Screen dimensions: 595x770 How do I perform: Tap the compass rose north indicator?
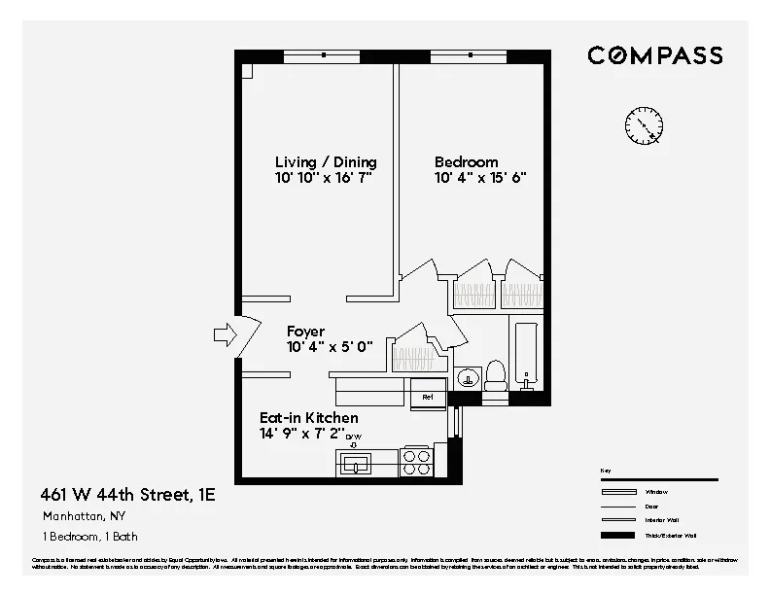pyautogui.click(x=644, y=123)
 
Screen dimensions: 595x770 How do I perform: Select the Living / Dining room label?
pyautogui.click(x=325, y=162)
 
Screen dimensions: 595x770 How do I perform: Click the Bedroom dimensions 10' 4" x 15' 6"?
pyautogui.click(x=480, y=179)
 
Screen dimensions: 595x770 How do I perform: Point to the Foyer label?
pyautogui.click(x=305, y=332)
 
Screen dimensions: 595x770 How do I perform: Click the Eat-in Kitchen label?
pyautogui.click(x=295, y=417)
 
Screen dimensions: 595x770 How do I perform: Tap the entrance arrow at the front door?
pyautogui.click(x=225, y=335)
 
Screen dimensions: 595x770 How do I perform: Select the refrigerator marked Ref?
pyautogui.click(x=427, y=397)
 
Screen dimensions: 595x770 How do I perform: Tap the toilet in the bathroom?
pyautogui.click(x=495, y=375)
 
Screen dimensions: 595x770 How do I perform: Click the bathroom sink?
pyautogui.click(x=467, y=376)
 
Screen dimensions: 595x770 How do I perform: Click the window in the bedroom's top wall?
pyautogui.click(x=472, y=56)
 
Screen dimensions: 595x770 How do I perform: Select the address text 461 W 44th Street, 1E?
pyautogui.click(x=128, y=495)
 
